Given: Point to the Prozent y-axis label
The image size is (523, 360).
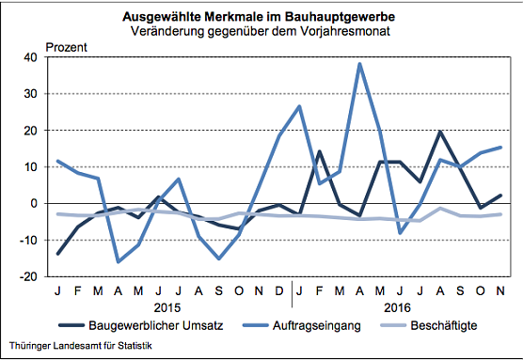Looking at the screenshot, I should click(x=67, y=46).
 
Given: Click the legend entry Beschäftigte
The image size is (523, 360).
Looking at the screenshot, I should click(x=441, y=326).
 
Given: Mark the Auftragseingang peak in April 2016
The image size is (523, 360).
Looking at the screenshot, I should click(x=359, y=64).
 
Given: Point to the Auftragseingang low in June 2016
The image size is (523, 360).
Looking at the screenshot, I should click(x=401, y=232).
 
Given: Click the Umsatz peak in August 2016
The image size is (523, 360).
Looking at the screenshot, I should click(x=441, y=132).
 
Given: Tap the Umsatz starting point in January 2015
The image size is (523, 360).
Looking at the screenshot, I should click(x=58, y=254).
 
